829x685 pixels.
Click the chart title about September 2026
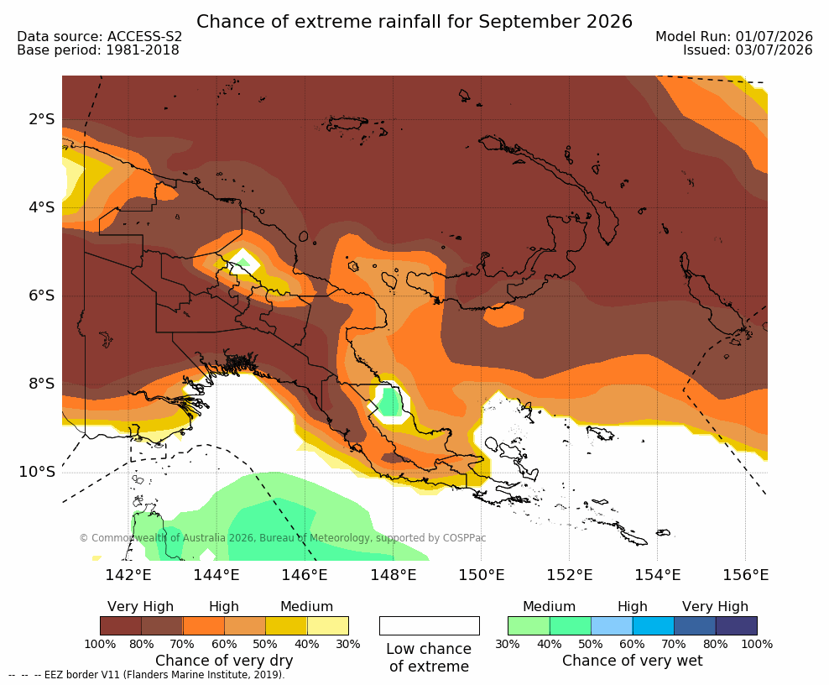(414, 22)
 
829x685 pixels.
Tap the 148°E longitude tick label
(393, 574)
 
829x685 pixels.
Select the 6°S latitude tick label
(42, 295)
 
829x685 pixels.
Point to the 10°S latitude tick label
(37, 472)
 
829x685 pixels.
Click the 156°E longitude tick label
(745, 574)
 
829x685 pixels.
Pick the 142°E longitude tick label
(128, 574)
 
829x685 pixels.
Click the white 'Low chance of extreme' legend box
(430, 625)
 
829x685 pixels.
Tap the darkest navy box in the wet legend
(737, 625)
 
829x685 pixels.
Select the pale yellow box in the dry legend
(328, 625)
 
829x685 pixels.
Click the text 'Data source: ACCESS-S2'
(99, 36)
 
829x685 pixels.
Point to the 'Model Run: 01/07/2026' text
(734, 36)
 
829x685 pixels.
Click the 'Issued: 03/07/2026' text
(748, 50)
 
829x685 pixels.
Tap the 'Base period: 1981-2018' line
(98, 50)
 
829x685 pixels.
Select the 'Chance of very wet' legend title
(633, 661)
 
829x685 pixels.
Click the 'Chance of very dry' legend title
(224, 661)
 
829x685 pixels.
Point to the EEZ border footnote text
(147, 675)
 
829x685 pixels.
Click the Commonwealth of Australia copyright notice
(282, 538)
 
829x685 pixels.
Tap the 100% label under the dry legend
(100, 644)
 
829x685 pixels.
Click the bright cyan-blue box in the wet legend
(654, 625)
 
